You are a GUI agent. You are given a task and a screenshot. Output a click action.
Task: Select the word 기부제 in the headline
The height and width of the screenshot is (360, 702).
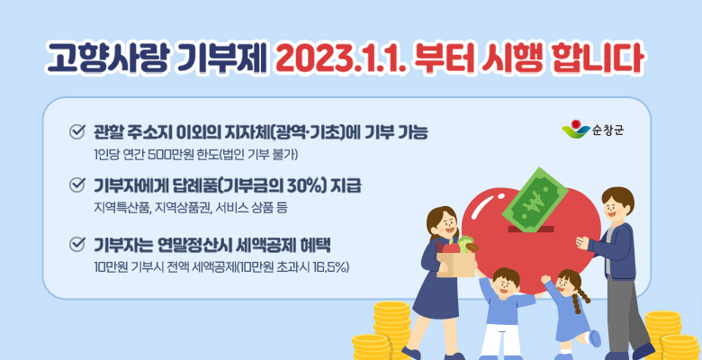point(229,56)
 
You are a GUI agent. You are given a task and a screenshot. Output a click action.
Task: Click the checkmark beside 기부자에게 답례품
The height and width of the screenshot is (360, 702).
point(76,187)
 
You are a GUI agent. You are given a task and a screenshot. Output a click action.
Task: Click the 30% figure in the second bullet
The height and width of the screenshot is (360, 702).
point(281,187)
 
